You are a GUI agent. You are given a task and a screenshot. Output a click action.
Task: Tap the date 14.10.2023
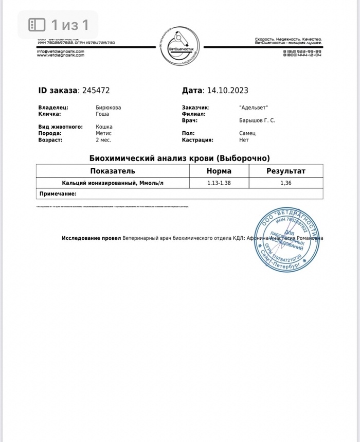click(227, 91)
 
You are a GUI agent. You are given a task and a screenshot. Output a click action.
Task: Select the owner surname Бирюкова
click(109, 108)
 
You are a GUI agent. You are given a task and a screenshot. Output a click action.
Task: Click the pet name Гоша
click(102, 114)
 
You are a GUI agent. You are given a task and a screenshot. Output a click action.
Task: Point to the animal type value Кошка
click(104, 127)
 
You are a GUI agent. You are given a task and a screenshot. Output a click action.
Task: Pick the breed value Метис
click(104, 133)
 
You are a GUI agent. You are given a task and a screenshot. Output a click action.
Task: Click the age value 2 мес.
click(103, 139)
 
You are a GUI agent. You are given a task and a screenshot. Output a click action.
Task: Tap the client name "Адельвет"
click(254, 108)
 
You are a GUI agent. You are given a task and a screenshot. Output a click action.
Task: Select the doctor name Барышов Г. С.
click(257, 120)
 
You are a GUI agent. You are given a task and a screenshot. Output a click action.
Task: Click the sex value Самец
click(247, 133)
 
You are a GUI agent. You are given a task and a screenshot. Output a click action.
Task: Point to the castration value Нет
click(244, 139)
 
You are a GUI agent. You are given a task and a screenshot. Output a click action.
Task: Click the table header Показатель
click(113, 171)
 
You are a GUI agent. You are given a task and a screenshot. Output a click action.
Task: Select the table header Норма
click(219, 171)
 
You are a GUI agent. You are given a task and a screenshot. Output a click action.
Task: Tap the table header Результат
click(286, 171)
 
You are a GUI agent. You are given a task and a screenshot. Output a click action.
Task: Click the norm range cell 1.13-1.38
click(219, 183)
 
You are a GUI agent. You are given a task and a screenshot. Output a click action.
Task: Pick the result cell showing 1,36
click(286, 183)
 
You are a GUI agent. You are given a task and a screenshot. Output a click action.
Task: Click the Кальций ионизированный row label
click(113, 183)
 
